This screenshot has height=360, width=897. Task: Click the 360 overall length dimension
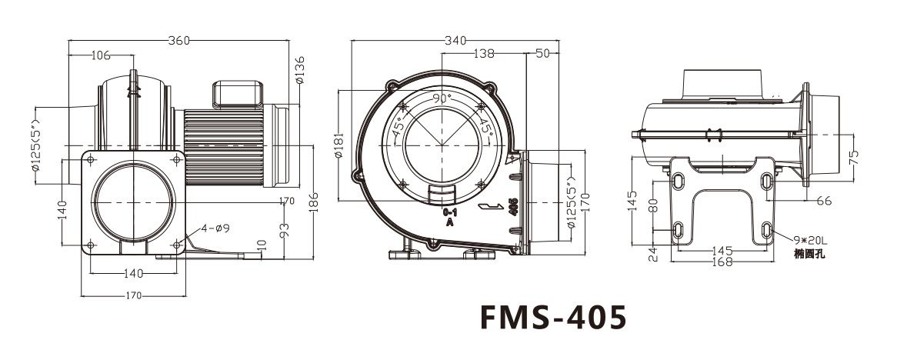click(x=178, y=41)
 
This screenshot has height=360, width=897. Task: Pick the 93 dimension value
click(x=284, y=228)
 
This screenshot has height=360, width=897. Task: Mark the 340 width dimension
click(x=456, y=41)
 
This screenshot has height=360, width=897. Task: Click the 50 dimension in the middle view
click(x=543, y=54)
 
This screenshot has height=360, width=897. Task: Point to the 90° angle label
click(x=442, y=98)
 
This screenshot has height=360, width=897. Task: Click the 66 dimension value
click(x=823, y=201)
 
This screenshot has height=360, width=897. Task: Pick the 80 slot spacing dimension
click(x=652, y=207)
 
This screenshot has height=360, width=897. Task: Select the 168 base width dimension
click(x=721, y=262)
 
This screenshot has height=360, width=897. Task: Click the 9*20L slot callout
click(x=799, y=239)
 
